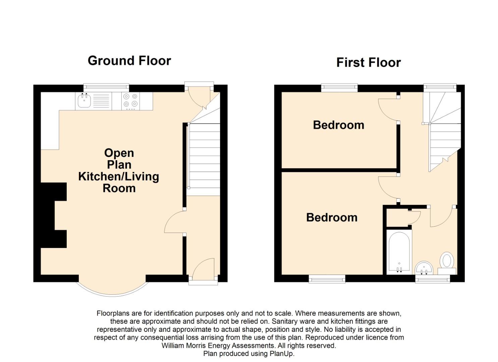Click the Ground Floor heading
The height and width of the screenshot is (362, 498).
[129, 61]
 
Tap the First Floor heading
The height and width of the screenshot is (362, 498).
[369, 62]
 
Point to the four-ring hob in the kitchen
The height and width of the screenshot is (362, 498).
[130, 101]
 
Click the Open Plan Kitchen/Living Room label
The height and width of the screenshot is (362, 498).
[119, 171]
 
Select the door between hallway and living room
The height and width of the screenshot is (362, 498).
[175, 222]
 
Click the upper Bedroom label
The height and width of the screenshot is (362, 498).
[339, 125]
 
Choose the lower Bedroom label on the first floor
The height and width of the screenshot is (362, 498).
[332, 218]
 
